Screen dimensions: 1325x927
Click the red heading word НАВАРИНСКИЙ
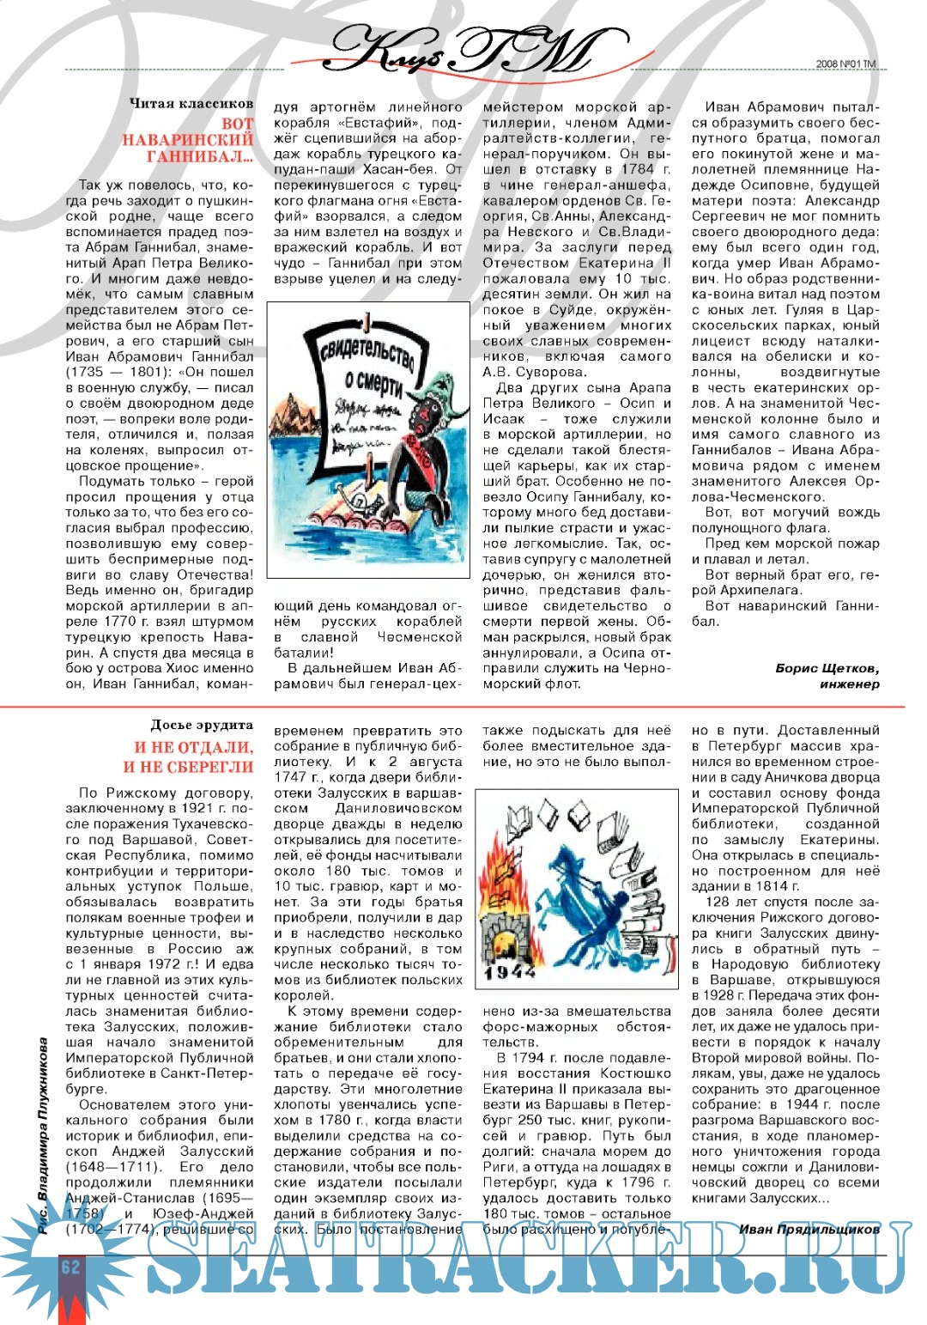(x=187, y=140)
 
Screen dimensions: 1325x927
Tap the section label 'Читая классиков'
(x=191, y=103)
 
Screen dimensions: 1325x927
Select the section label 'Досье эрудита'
(x=202, y=726)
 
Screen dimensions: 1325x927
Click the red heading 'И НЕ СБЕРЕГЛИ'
(x=188, y=767)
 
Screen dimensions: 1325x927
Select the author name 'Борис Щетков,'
(x=827, y=668)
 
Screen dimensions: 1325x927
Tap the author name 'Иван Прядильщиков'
(x=809, y=1230)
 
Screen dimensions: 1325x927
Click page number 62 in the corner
(x=70, y=1267)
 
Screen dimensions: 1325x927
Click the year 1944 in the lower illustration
(x=510, y=972)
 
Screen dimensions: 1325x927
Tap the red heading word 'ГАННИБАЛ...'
(x=199, y=157)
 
